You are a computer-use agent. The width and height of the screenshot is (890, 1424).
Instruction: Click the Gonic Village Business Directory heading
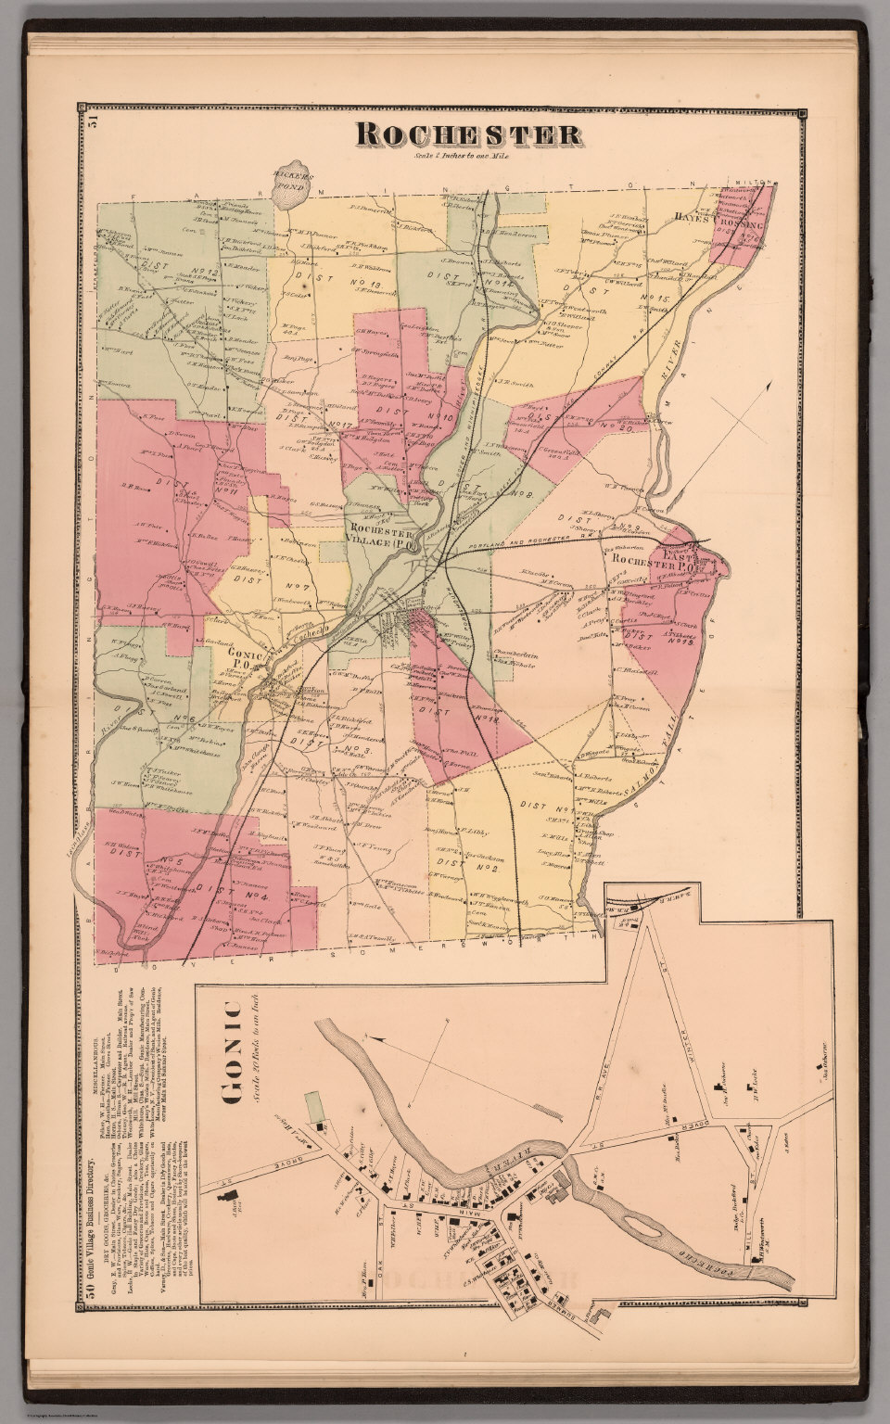(91, 1233)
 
